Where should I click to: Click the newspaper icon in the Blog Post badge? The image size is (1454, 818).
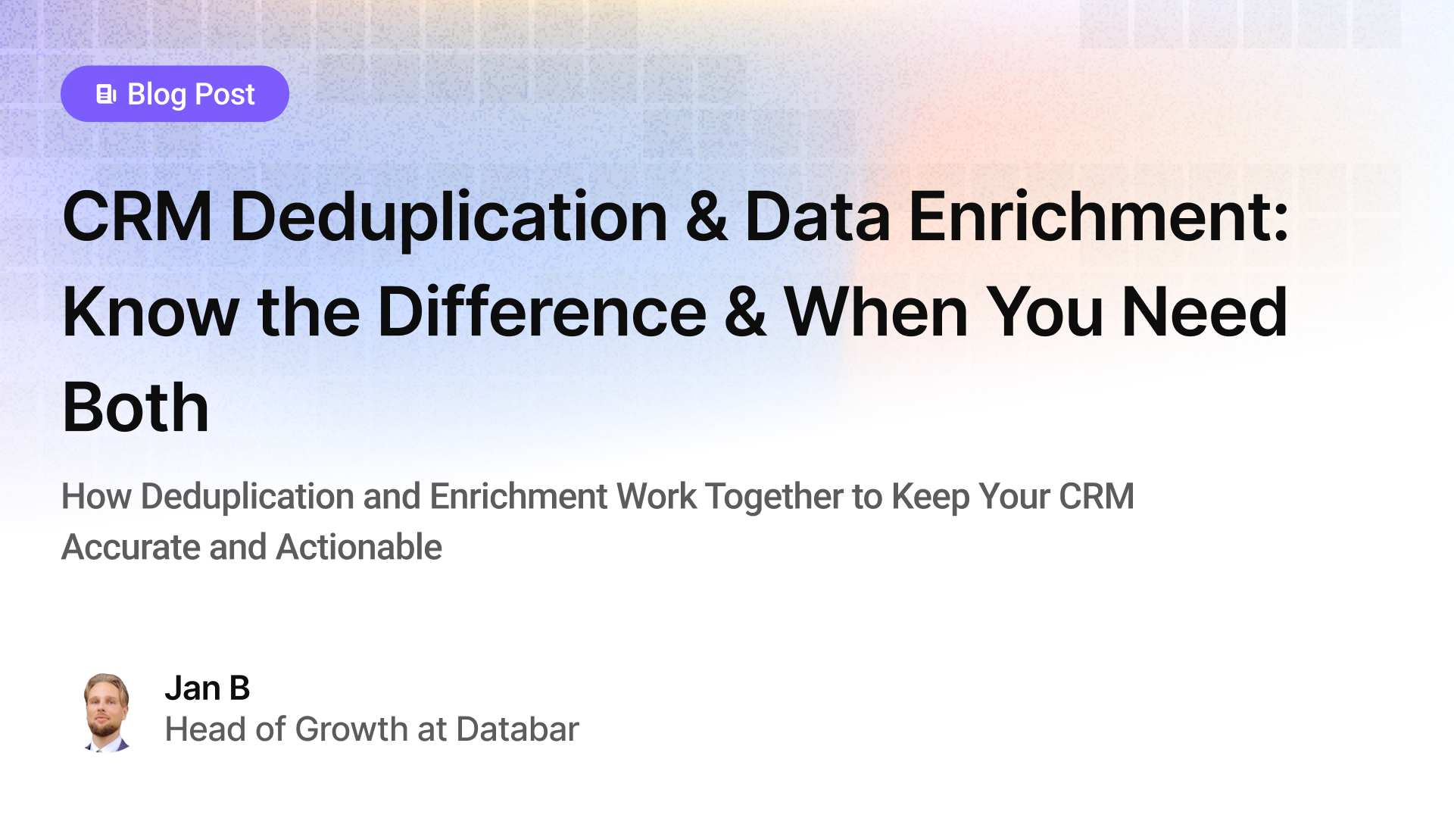(106, 94)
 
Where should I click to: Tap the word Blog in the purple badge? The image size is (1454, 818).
(157, 95)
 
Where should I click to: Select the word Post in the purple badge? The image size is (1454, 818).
(225, 95)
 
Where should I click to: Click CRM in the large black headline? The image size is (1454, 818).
(137, 217)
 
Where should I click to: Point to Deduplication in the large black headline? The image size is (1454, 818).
(448, 217)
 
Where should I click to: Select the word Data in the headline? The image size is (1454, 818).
(817, 217)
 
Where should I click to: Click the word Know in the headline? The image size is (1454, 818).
(151, 312)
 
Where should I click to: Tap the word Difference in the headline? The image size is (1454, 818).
(541, 312)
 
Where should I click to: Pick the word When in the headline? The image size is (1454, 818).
(876, 312)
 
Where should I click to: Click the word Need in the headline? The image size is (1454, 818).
(1204, 312)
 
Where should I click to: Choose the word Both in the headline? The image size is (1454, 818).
(136, 407)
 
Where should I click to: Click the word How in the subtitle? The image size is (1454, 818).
(96, 497)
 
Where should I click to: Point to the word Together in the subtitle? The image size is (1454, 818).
(774, 497)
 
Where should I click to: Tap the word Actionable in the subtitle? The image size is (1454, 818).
(359, 547)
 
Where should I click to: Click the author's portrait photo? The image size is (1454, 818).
(106, 712)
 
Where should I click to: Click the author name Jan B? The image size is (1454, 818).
(207, 688)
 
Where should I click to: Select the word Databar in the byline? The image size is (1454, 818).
(517, 729)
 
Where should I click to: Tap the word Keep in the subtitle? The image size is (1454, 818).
(931, 497)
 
